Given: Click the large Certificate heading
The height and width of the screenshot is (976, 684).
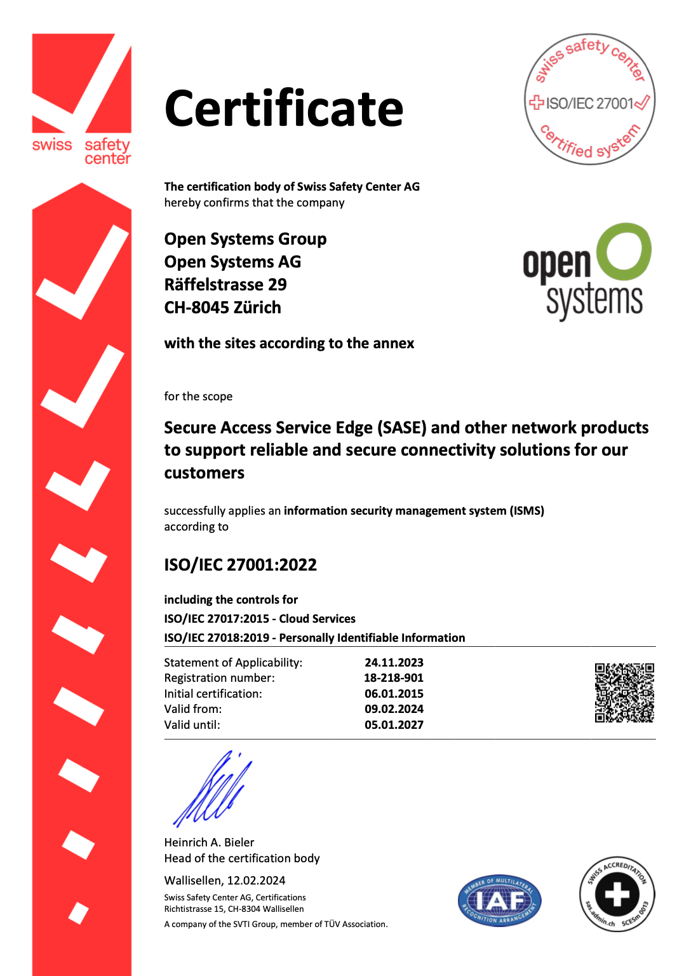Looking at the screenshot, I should pyautogui.click(x=283, y=109).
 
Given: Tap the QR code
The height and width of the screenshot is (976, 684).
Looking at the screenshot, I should pyautogui.click(x=624, y=693).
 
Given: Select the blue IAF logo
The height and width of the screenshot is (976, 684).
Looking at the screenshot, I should pyautogui.click(x=499, y=900).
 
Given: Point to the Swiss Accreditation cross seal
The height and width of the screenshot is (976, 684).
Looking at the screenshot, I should pyautogui.click(x=617, y=894).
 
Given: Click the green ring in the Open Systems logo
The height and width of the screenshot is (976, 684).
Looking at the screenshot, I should pyautogui.click(x=624, y=252).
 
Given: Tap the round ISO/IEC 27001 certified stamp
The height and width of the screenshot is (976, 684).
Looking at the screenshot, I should pyautogui.click(x=589, y=100).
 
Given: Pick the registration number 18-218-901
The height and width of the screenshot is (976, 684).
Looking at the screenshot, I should pyautogui.click(x=393, y=678).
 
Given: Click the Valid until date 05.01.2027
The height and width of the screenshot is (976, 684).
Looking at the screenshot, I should pyautogui.click(x=394, y=725).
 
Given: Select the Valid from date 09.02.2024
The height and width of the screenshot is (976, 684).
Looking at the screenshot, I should pyautogui.click(x=394, y=709).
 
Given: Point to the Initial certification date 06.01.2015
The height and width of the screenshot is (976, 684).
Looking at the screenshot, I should pyautogui.click(x=394, y=694).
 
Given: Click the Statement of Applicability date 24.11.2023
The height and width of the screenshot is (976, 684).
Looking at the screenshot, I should pyautogui.click(x=394, y=663).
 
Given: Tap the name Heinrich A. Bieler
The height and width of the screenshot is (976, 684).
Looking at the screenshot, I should pyautogui.click(x=209, y=843).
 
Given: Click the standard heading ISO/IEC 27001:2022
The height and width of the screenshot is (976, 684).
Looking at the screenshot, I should pyautogui.click(x=240, y=565).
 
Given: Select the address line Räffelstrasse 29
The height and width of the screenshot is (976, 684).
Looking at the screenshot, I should pyautogui.click(x=225, y=285).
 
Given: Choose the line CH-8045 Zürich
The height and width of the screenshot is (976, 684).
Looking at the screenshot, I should pyautogui.click(x=222, y=308).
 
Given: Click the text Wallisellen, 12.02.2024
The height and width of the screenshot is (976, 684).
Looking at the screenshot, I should pyautogui.click(x=225, y=881).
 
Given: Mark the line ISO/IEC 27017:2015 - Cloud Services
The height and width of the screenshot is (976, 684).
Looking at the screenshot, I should pyautogui.click(x=260, y=619).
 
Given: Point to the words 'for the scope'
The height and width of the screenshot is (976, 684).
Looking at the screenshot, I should pyautogui.click(x=198, y=396).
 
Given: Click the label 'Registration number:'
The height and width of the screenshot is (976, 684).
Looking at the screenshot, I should pyautogui.click(x=219, y=678).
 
